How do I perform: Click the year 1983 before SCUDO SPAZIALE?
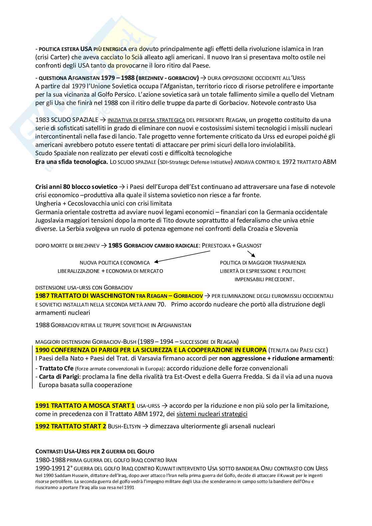(42, 120)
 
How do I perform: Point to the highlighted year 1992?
(42, 426)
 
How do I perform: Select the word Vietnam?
(320, 94)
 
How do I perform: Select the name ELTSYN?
(132, 426)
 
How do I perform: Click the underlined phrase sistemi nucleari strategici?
(212, 414)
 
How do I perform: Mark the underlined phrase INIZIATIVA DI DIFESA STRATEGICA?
(146, 120)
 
